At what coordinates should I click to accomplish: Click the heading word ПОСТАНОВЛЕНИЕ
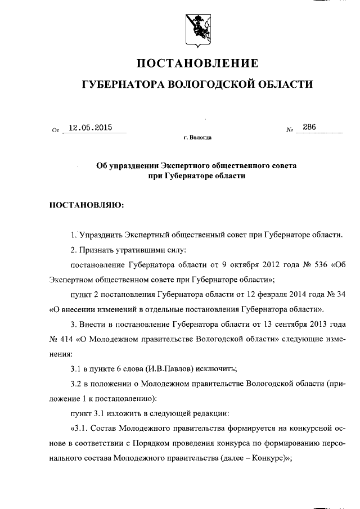click(x=197, y=62)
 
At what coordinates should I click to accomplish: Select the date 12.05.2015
click(x=89, y=128)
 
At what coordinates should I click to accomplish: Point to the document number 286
click(x=309, y=127)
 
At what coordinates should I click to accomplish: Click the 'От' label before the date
click(x=55, y=130)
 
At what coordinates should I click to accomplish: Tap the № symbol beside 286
click(x=290, y=130)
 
